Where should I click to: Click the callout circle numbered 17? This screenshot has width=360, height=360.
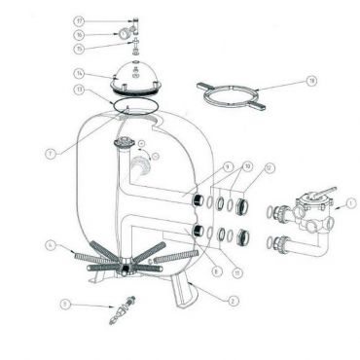point(106,19)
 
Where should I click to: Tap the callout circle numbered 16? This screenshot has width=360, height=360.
point(106,33)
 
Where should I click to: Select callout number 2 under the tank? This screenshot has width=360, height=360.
point(233,302)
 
